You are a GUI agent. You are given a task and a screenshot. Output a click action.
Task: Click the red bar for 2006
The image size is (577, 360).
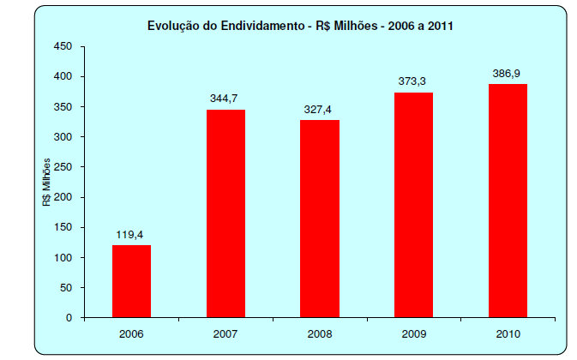click(131, 281)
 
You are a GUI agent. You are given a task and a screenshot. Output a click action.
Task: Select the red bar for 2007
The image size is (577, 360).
click(225, 213)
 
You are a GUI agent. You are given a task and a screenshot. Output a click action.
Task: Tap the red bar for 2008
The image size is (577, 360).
click(320, 219)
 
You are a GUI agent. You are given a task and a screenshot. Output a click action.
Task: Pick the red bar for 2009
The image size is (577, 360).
click(414, 205)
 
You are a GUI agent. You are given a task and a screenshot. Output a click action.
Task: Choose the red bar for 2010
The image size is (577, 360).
click(508, 201)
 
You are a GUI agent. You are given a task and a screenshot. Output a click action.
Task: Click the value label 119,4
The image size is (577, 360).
click(131, 233)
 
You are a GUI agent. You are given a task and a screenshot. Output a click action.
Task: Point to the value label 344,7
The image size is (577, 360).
click(225, 98)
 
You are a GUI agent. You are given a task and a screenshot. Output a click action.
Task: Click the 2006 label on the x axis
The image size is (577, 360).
click(131, 333)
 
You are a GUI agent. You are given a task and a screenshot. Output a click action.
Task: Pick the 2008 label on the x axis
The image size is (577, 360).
click(320, 333)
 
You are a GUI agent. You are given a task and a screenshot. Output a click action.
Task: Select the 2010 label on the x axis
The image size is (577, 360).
click(508, 333)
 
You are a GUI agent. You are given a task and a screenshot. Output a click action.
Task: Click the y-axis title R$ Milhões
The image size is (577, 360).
click(48, 181)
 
